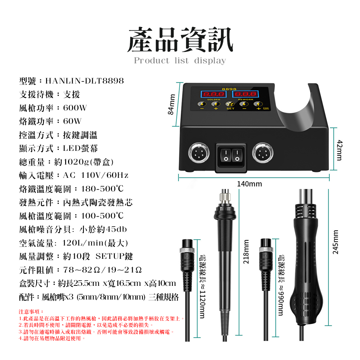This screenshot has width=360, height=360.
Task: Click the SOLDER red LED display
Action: click(214, 95)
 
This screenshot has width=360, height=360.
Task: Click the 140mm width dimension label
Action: click(249, 184)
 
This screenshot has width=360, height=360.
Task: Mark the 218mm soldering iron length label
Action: click(246, 252)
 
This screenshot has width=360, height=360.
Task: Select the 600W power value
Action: click(75, 108)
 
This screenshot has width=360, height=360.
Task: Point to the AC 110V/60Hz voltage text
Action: click(95, 176)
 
